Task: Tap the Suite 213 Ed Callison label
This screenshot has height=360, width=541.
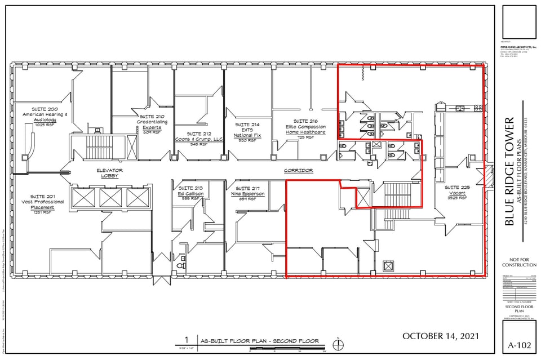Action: coord(190,193)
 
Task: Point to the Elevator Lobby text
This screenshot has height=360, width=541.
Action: coord(110,173)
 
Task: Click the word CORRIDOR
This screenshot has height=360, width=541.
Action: coord(298,170)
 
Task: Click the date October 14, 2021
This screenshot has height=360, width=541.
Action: coord(441,336)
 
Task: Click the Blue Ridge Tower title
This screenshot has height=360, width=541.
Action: coord(509,172)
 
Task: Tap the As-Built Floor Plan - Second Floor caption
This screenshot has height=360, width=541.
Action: coord(259,341)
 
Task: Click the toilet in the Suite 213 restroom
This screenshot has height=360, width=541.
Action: coord(182,263)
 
